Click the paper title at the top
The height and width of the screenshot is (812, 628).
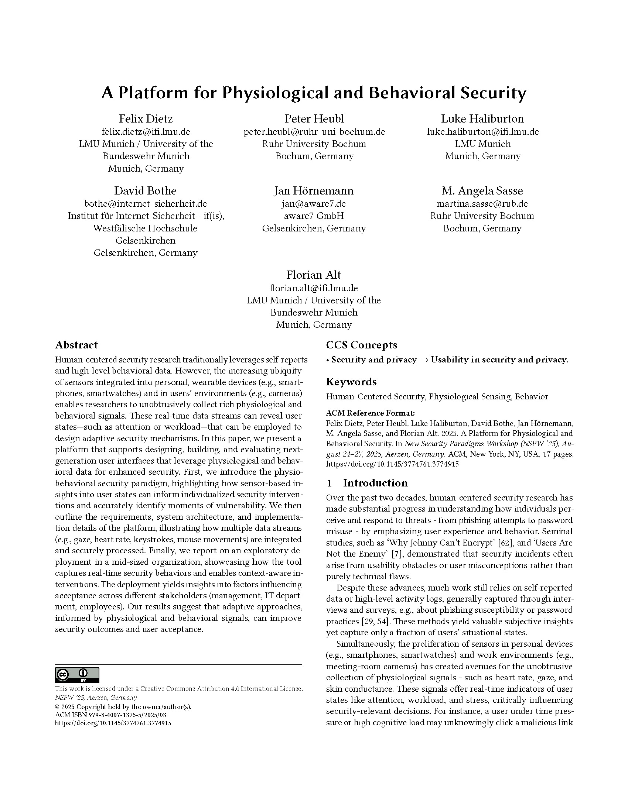[x=314, y=93]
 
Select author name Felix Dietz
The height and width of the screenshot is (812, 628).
[x=146, y=118]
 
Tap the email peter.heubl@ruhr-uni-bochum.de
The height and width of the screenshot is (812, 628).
[x=314, y=132]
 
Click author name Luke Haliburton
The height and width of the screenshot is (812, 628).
[x=482, y=118]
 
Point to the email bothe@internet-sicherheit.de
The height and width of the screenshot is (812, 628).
[x=146, y=204]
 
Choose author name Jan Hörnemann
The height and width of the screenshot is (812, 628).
[x=314, y=191]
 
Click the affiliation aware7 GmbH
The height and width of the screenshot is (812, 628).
[x=314, y=216]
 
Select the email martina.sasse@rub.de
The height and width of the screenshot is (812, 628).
[x=482, y=204]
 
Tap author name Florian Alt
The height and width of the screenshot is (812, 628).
[x=314, y=275]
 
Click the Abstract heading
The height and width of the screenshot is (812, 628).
[x=76, y=345]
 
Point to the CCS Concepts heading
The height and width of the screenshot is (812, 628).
[x=361, y=345]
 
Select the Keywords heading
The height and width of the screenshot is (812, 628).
[x=351, y=382]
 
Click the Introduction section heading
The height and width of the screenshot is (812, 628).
[x=375, y=483]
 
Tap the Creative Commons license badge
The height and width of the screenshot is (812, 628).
[x=77, y=675]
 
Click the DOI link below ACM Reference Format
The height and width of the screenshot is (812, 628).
[x=392, y=464]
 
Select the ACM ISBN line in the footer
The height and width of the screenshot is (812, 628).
[x=110, y=715]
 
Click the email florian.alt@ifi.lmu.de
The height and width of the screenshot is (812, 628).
[x=314, y=288]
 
